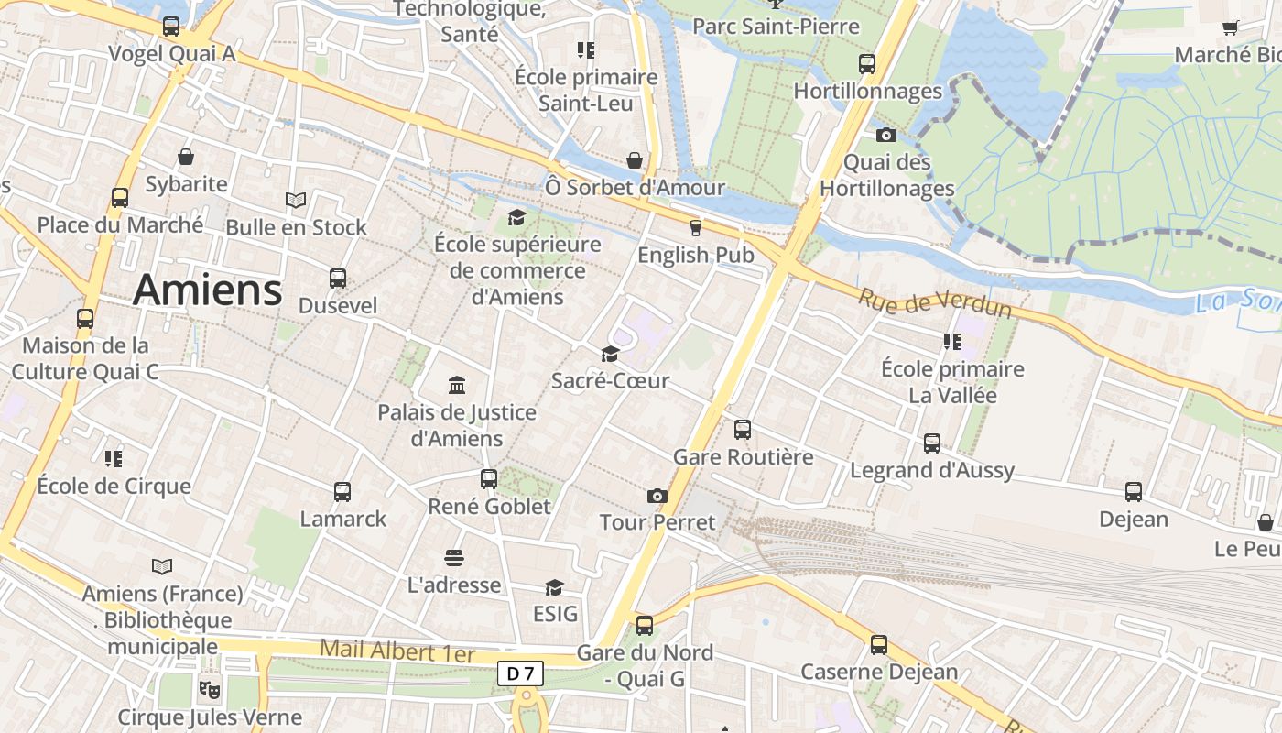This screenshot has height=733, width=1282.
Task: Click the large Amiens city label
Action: [x=207, y=290]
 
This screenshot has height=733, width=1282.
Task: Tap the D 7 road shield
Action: [x=520, y=673]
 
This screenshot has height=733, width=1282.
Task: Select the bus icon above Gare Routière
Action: [x=743, y=429]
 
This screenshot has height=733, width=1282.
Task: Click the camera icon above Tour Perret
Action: [x=657, y=496]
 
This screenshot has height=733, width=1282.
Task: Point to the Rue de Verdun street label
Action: [x=935, y=302]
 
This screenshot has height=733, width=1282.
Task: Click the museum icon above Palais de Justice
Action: [x=456, y=385]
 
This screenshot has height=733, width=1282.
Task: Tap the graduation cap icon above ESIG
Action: [x=554, y=586]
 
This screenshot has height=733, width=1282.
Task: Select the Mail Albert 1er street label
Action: [x=397, y=651]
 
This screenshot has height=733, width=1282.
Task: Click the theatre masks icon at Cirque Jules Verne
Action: [x=210, y=687]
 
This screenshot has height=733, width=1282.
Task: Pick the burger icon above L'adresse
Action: [x=453, y=557]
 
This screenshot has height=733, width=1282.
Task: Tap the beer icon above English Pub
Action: [x=695, y=227]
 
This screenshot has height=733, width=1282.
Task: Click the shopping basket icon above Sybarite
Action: [x=186, y=157]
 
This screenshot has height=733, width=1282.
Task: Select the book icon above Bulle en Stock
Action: [x=296, y=200]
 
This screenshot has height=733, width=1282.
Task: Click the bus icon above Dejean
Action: [x=1134, y=491]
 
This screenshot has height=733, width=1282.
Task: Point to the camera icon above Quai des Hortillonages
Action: [x=885, y=136]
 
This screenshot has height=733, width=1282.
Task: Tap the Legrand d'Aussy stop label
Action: [x=932, y=470]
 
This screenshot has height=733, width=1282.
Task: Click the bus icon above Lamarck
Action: [x=342, y=492]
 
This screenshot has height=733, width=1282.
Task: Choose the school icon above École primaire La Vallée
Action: [x=952, y=342]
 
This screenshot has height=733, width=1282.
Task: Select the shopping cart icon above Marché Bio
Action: [x=1230, y=28]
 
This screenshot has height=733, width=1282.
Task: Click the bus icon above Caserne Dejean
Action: [x=879, y=644]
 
